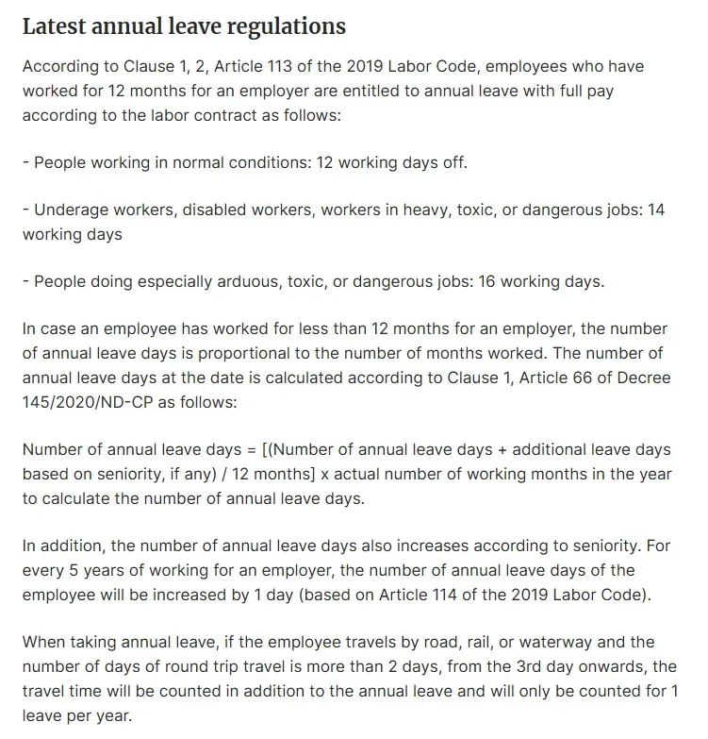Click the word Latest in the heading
(x=54, y=25)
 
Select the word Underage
(x=65, y=210)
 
